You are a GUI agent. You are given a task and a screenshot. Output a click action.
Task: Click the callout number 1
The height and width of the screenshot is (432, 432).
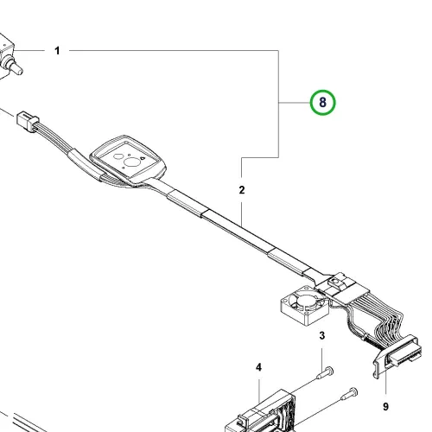pyautogui.click(x=57, y=51)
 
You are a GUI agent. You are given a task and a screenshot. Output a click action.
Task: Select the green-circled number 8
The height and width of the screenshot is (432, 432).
pyautogui.click(x=322, y=102)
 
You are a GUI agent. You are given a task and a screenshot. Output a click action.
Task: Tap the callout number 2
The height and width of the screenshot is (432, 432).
pyautogui.click(x=242, y=190)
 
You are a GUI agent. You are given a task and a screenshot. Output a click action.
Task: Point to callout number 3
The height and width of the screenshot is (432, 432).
pyautogui.click(x=322, y=335)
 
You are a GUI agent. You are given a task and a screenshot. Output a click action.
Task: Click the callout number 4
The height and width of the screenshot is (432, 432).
pyautogui.click(x=258, y=367)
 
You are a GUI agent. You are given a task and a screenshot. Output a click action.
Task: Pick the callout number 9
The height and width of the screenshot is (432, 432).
pyautogui.click(x=385, y=407)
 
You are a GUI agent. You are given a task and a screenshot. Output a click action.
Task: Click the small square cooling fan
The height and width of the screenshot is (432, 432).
pyautogui.click(x=304, y=305)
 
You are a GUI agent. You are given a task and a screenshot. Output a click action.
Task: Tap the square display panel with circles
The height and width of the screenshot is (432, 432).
pyautogui.click(x=129, y=159)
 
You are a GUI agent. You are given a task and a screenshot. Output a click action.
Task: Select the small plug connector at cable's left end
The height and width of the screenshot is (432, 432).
pyautogui.click(x=28, y=121)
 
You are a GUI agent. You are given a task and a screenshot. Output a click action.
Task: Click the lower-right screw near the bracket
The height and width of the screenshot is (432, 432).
pyautogui.click(x=349, y=394)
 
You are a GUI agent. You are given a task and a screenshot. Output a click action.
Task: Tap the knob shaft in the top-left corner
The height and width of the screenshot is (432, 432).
pyautogui.click(x=16, y=67)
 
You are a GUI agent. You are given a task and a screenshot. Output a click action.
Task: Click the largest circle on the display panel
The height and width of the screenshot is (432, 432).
pyautogui.click(x=132, y=162)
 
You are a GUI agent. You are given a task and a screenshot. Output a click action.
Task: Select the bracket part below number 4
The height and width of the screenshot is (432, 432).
pyautogui.click(x=261, y=412)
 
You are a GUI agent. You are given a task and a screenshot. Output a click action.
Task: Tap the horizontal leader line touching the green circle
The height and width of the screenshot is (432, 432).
pyautogui.click(x=294, y=102)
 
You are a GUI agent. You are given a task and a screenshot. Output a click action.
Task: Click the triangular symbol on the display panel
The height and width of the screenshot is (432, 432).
pyautogui.click(x=143, y=158)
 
